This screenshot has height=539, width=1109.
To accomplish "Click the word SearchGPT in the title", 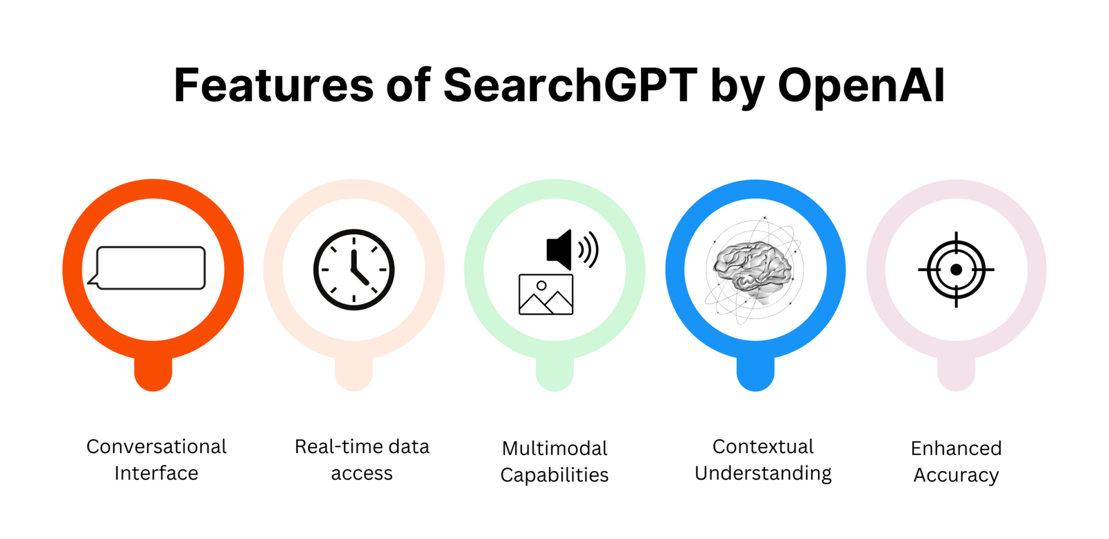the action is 570,85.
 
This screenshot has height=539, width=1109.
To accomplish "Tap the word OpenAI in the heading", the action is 862,86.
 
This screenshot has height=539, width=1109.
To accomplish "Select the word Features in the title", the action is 274,85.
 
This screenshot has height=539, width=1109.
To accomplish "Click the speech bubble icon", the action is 146,267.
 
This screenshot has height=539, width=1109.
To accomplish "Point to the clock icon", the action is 354,269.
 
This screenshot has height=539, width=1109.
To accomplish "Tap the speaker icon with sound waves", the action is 573,249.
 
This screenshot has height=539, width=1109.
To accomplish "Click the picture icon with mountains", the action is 546,294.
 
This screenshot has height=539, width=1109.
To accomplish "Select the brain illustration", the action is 753,270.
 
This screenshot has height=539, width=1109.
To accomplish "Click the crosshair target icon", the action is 956,269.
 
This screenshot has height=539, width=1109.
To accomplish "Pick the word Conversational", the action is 157,446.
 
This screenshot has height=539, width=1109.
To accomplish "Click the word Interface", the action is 157,473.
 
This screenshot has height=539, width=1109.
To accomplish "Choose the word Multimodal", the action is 554,448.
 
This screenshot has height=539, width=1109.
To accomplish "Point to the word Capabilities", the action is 554,475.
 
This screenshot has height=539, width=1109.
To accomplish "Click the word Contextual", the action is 763,446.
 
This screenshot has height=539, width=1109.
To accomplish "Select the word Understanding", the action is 763,474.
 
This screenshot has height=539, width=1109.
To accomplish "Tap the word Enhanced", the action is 956,448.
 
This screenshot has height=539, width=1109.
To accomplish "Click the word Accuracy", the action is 956,475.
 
